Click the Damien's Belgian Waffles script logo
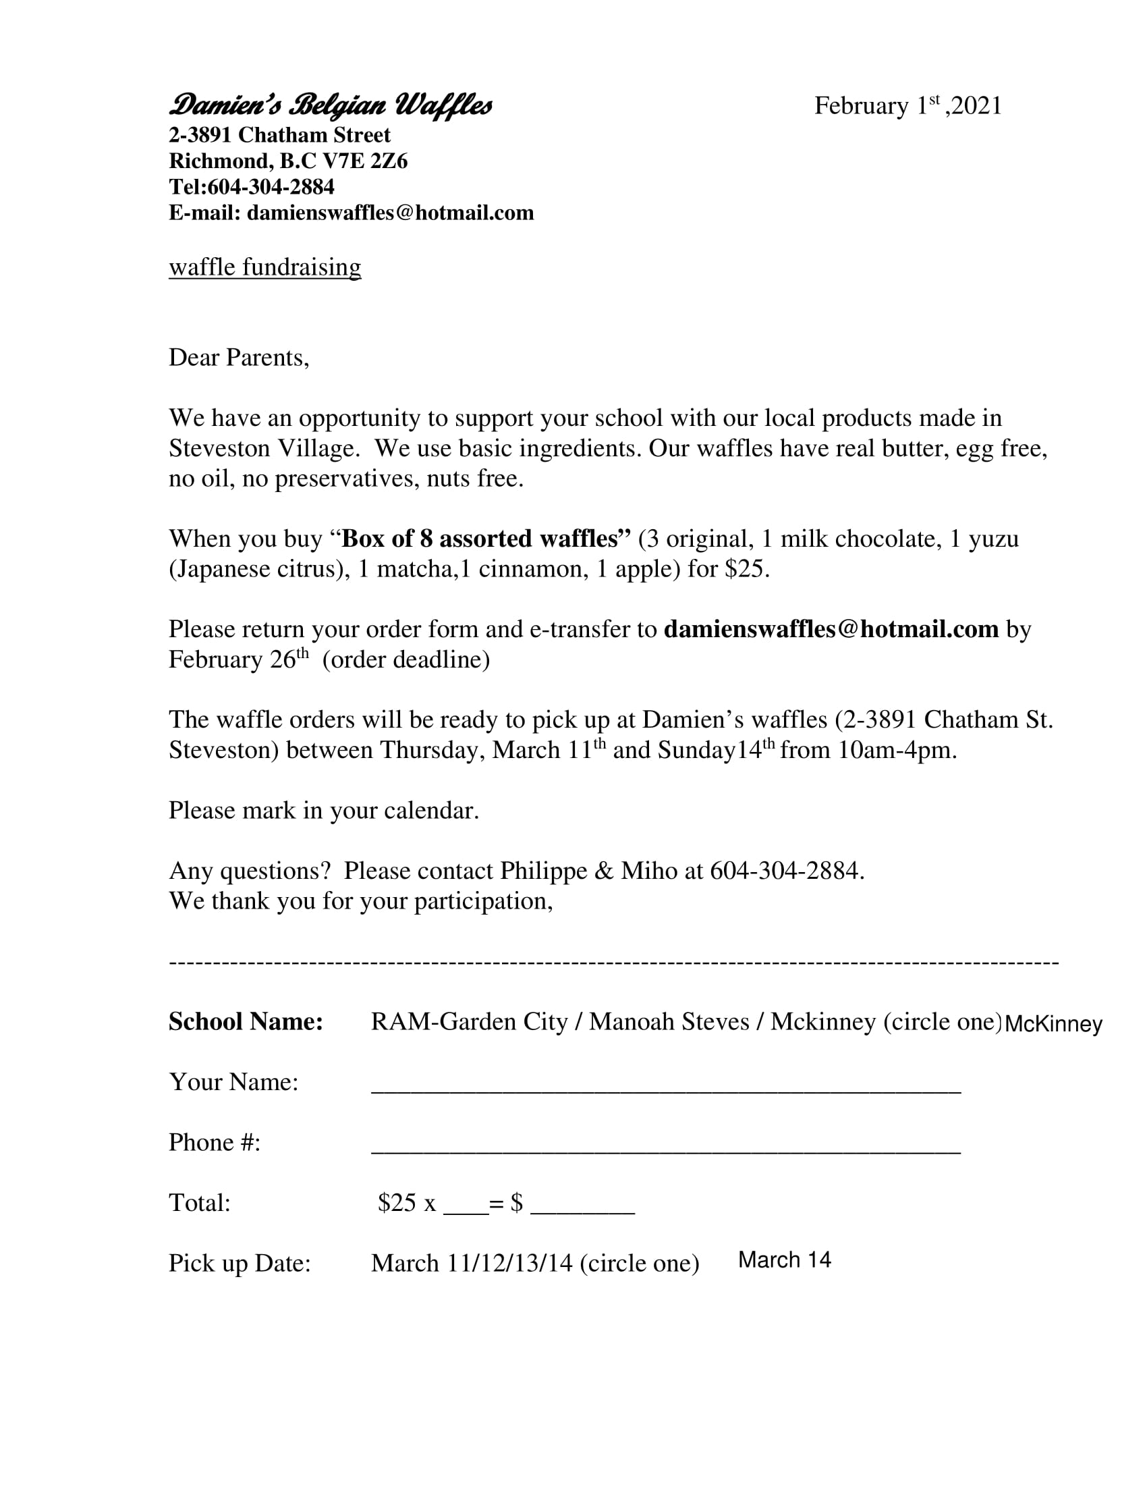(330, 106)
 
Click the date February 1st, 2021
(907, 106)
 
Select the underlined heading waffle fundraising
(265, 267)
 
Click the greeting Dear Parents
(238, 358)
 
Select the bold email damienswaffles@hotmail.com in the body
(831, 629)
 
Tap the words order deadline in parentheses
(405, 659)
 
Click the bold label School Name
(246, 1021)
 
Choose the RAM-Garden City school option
(469, 1021)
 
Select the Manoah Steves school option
(669, 1021)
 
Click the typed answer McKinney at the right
(1053, 1024)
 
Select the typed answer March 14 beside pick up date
(784, 1260)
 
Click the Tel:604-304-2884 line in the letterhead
(252, 187)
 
